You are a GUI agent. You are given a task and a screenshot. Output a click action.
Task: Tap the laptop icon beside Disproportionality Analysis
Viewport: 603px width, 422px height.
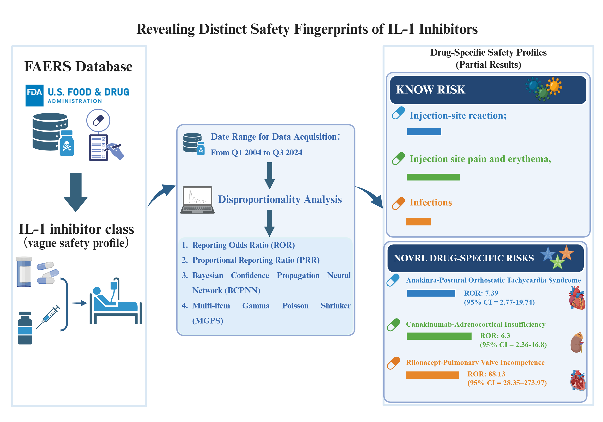click(198, 200)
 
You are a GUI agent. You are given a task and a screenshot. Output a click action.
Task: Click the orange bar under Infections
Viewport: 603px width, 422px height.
click(419, 221)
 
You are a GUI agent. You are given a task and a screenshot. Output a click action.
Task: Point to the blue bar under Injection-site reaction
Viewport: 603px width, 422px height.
click(424, 131)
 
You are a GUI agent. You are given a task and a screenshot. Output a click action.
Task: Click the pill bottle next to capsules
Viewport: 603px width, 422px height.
click(24, 272)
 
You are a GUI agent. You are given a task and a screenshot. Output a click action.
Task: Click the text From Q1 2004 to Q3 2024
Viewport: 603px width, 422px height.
click(256, 153)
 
